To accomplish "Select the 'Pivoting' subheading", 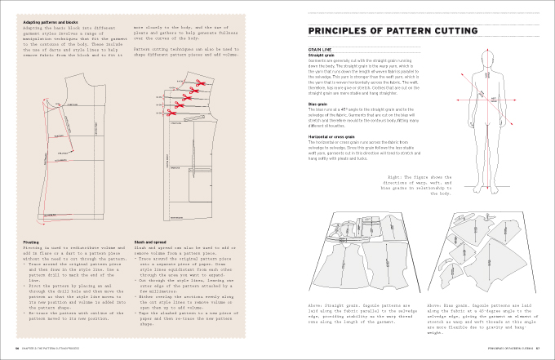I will (x=29, y=242).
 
